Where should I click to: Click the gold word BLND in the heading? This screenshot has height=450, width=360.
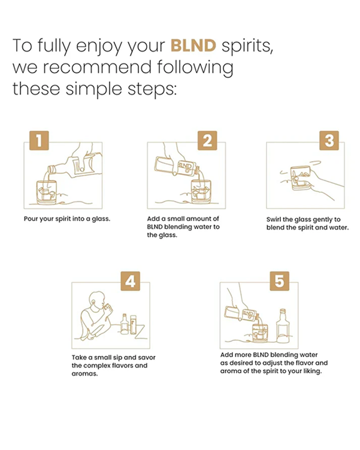[x=193, y=46]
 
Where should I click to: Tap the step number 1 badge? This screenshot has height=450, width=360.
[x=39, y=140]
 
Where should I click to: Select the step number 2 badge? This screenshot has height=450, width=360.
[x=207, y=140]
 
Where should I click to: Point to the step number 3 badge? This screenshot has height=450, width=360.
[x=329, y=140]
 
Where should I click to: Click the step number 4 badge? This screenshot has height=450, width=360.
[x=130, y=281]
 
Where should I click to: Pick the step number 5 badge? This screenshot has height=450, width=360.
[x=279, y=281]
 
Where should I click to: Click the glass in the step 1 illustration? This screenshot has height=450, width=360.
[x=46, y=192]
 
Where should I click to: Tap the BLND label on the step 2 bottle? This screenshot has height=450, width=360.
[x=186, y=167]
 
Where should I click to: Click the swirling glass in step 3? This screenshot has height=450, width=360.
[x=301, y=178]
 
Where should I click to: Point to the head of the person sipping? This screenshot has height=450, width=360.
[x=97, y=300]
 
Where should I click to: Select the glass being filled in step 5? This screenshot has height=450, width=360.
[x=260, y=333]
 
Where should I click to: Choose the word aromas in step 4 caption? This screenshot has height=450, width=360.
[x=84, y=374]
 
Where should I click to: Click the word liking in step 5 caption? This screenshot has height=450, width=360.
[x=313, y=371]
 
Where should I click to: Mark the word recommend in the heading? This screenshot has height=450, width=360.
[x=97, y=67]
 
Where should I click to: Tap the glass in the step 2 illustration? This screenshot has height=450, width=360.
[x=201, y=192]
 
